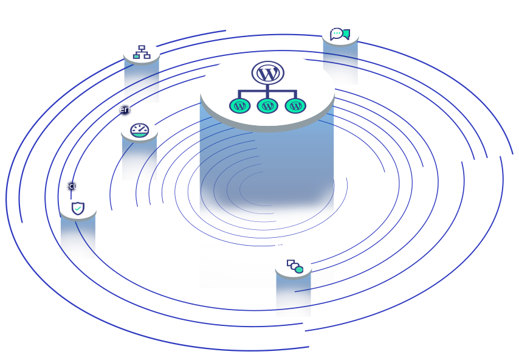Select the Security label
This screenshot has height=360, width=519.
pos(75,186)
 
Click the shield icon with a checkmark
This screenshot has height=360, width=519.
pos(78,209)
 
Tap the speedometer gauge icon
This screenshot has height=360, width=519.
pos(140,130)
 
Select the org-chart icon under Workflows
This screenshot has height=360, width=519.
pos(142,52)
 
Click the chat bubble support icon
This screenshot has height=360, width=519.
pos(340,34)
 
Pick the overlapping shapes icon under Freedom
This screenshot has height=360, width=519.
pos(295,266)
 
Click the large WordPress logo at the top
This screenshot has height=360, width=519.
pos(267,74)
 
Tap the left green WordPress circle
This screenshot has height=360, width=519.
pos(239,106)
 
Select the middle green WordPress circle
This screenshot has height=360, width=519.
pos(267,106)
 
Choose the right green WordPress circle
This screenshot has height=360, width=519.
pos(295,106)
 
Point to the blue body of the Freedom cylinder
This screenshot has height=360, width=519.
pos(293,295)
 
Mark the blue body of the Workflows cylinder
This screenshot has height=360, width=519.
pos(141,82)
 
